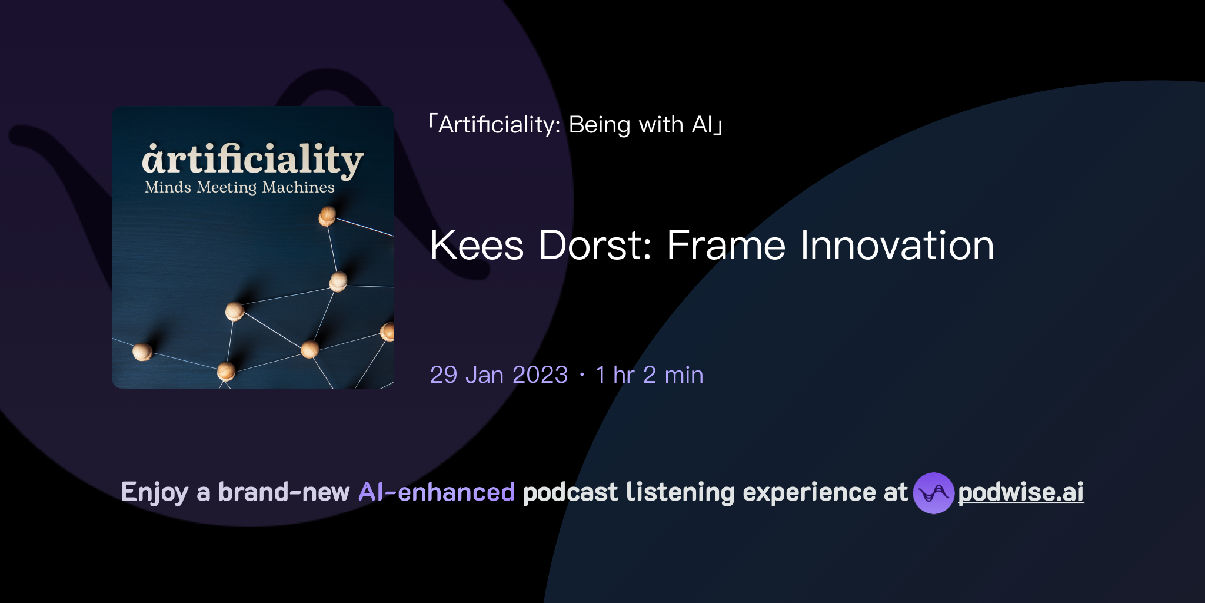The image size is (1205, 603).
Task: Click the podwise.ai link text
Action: (x=1021, y=492)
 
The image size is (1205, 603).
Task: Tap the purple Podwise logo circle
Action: (x=933, y=493)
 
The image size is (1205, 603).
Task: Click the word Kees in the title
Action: (x=477, y=245)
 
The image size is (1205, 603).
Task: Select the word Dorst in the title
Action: (x=595, y=245)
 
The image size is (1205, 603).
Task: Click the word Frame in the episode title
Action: (x=726, y=245)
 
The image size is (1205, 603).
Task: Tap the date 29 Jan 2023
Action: (x=499, y=375)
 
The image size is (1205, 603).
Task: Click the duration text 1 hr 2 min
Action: (x=649, y=375)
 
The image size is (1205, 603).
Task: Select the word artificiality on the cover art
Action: (x=252, y=160)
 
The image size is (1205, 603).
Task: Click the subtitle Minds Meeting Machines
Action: (x=239, y=187)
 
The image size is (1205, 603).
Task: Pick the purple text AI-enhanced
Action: (x=437, y=492)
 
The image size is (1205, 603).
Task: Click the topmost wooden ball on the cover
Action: (x=327, y=216)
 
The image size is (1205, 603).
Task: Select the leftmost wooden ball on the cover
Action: (x=142, y=352)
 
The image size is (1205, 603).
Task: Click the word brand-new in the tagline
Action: (x=284, y=492)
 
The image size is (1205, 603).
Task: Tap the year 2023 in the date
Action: (x=540, y=375)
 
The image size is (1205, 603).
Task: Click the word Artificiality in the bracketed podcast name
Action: (x=499, y=125)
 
